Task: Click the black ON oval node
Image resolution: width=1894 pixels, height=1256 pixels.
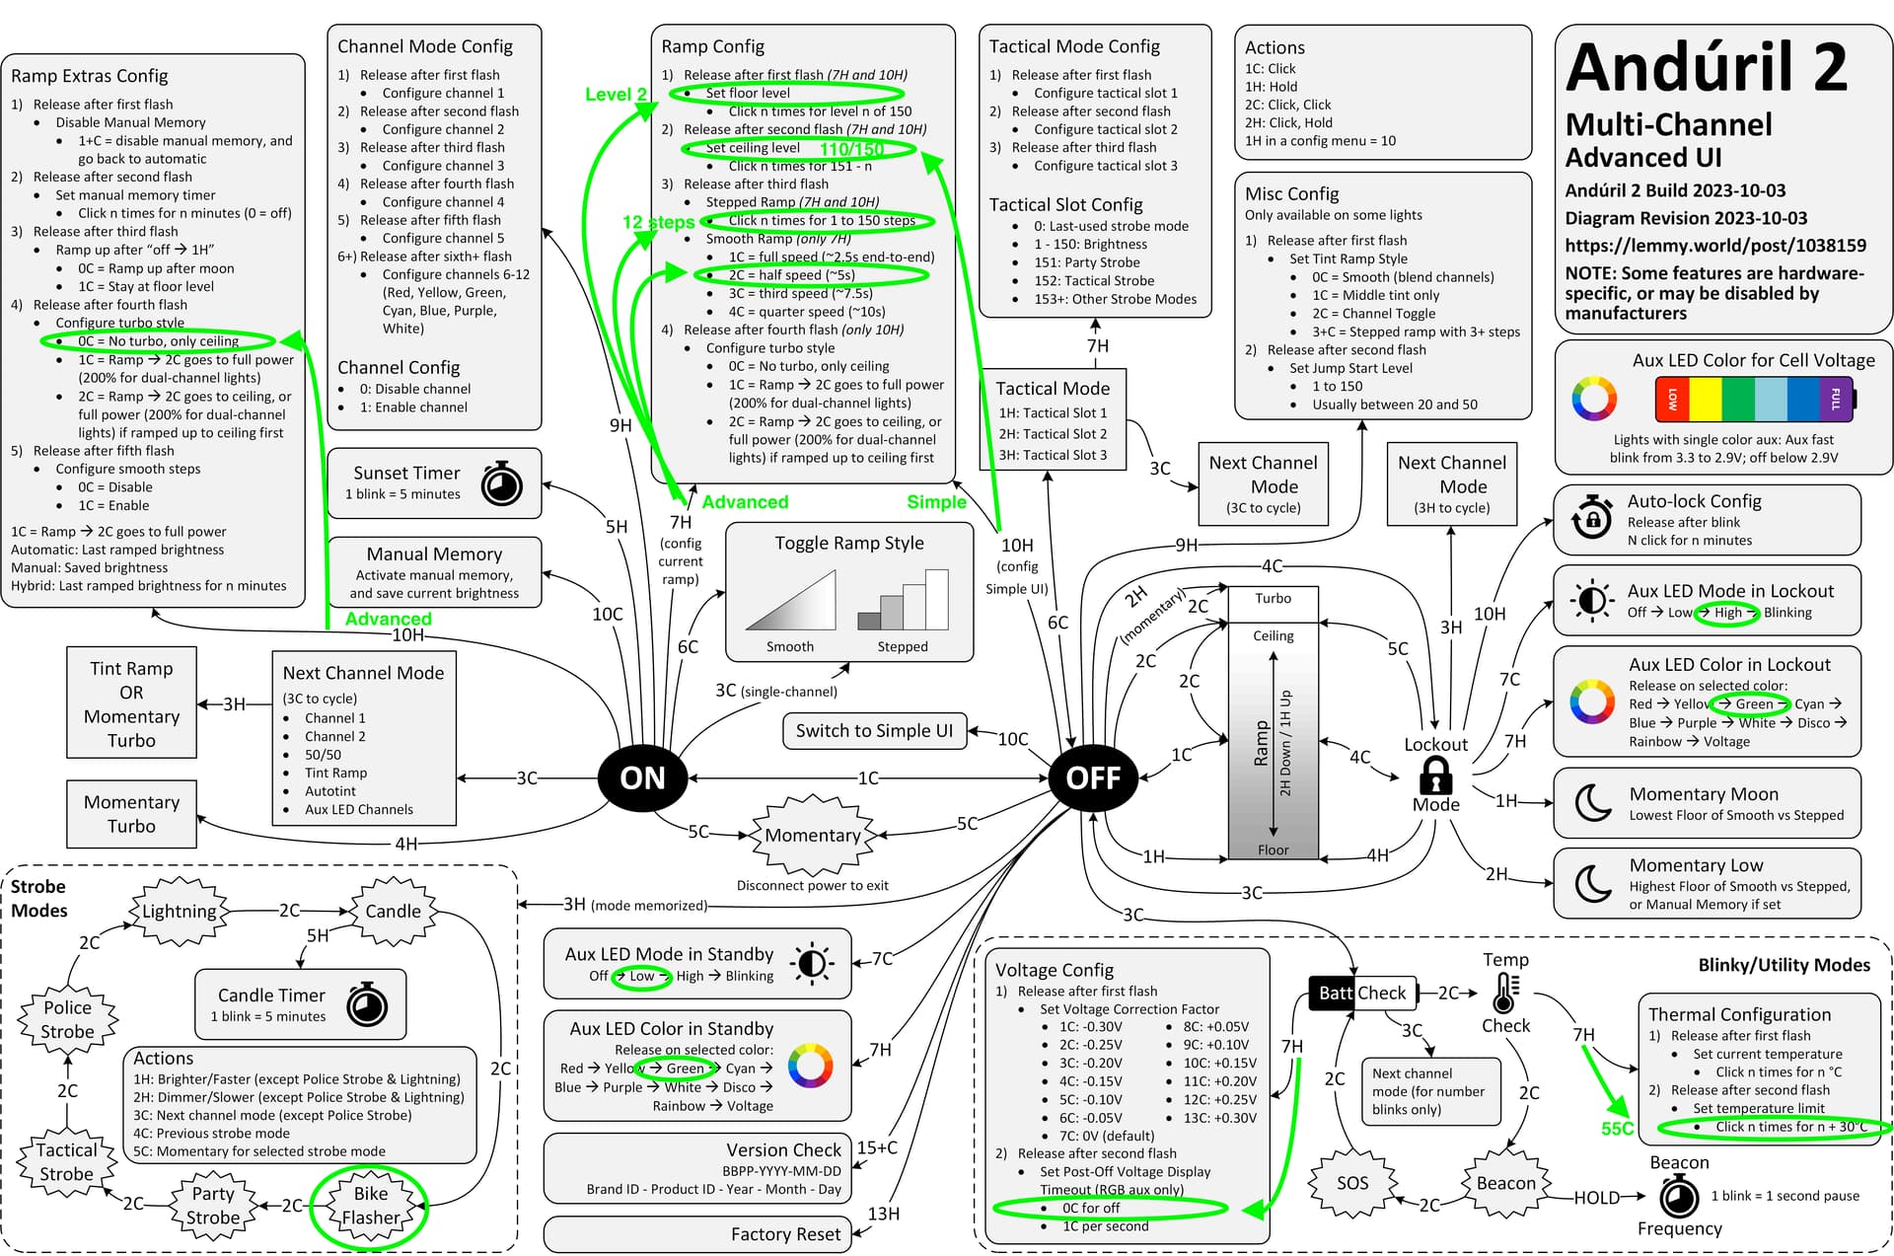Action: pos(642,777)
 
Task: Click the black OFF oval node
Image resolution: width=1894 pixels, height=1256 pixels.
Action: pos(1093,777)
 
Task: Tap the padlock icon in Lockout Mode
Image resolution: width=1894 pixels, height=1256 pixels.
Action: pos(1435,776)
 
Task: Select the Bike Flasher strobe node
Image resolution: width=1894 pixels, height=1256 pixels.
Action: pos(370,1206)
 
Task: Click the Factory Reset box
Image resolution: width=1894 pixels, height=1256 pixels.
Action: pos(696,1233)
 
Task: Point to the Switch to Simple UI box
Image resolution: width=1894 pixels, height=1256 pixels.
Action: pos(874,730)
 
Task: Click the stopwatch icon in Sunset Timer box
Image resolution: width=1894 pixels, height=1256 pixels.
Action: pos(501,483)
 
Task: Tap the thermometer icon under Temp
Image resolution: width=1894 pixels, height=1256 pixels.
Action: pos(1503,993)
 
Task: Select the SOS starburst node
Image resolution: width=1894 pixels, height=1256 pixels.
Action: pos(1351,1182)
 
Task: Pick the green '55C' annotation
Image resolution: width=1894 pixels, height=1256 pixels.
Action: pos(1617,1128)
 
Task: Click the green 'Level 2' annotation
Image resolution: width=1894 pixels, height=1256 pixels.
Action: pos(616,95)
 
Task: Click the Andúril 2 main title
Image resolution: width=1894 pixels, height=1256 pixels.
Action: pos(1707,67)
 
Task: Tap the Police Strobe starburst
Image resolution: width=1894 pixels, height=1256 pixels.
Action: pos(67,1019)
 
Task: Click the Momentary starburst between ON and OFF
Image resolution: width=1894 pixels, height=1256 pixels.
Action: pos(812,835)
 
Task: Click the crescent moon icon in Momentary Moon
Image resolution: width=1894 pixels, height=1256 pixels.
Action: pos(1591,802)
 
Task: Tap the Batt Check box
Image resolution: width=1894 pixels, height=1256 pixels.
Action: pos(1361,993)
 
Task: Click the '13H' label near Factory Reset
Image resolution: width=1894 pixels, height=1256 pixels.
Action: pos(883,1214)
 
